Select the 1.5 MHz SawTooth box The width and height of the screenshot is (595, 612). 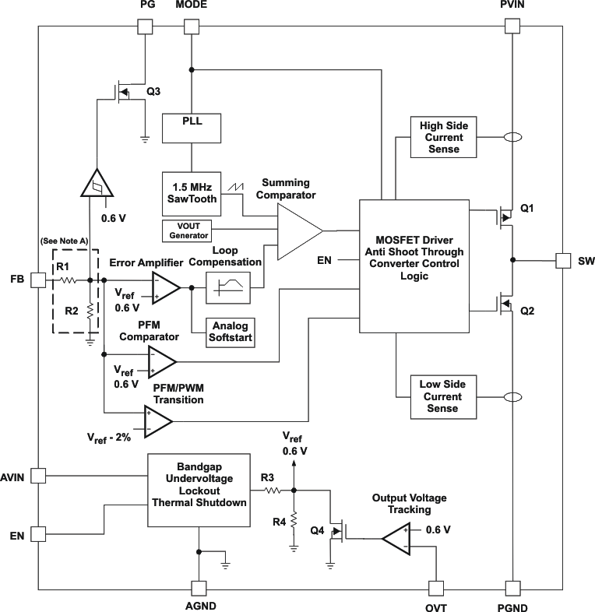pos(192,192)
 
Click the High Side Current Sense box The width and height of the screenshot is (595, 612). pos(441,137)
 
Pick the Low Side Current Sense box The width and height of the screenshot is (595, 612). pos(441,396)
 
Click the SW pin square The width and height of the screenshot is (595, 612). pos(563,260)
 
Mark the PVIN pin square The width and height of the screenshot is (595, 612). pos(512,25)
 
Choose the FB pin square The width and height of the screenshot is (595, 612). pos(37,279)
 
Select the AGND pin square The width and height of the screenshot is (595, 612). pos(199,588)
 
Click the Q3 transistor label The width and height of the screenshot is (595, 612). pos(154,91)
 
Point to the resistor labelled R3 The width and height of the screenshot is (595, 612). pos(273,491)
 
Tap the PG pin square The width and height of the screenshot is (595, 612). pos(146,25)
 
